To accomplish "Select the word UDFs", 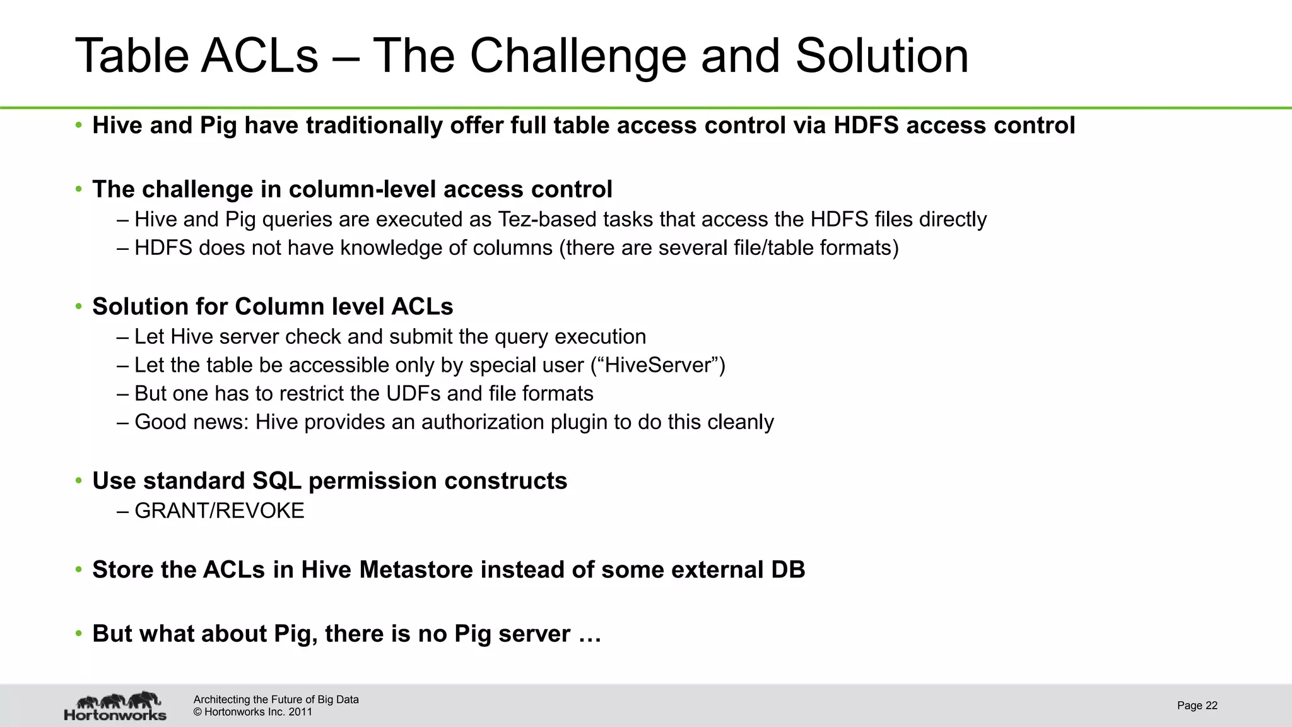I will (409, 394).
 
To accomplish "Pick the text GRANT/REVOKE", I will (220, 511).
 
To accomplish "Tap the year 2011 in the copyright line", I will (300, 712).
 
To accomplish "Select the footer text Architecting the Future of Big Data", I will (276, 699).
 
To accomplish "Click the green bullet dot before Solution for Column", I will (79, 307).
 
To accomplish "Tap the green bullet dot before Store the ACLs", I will (79, 570).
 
